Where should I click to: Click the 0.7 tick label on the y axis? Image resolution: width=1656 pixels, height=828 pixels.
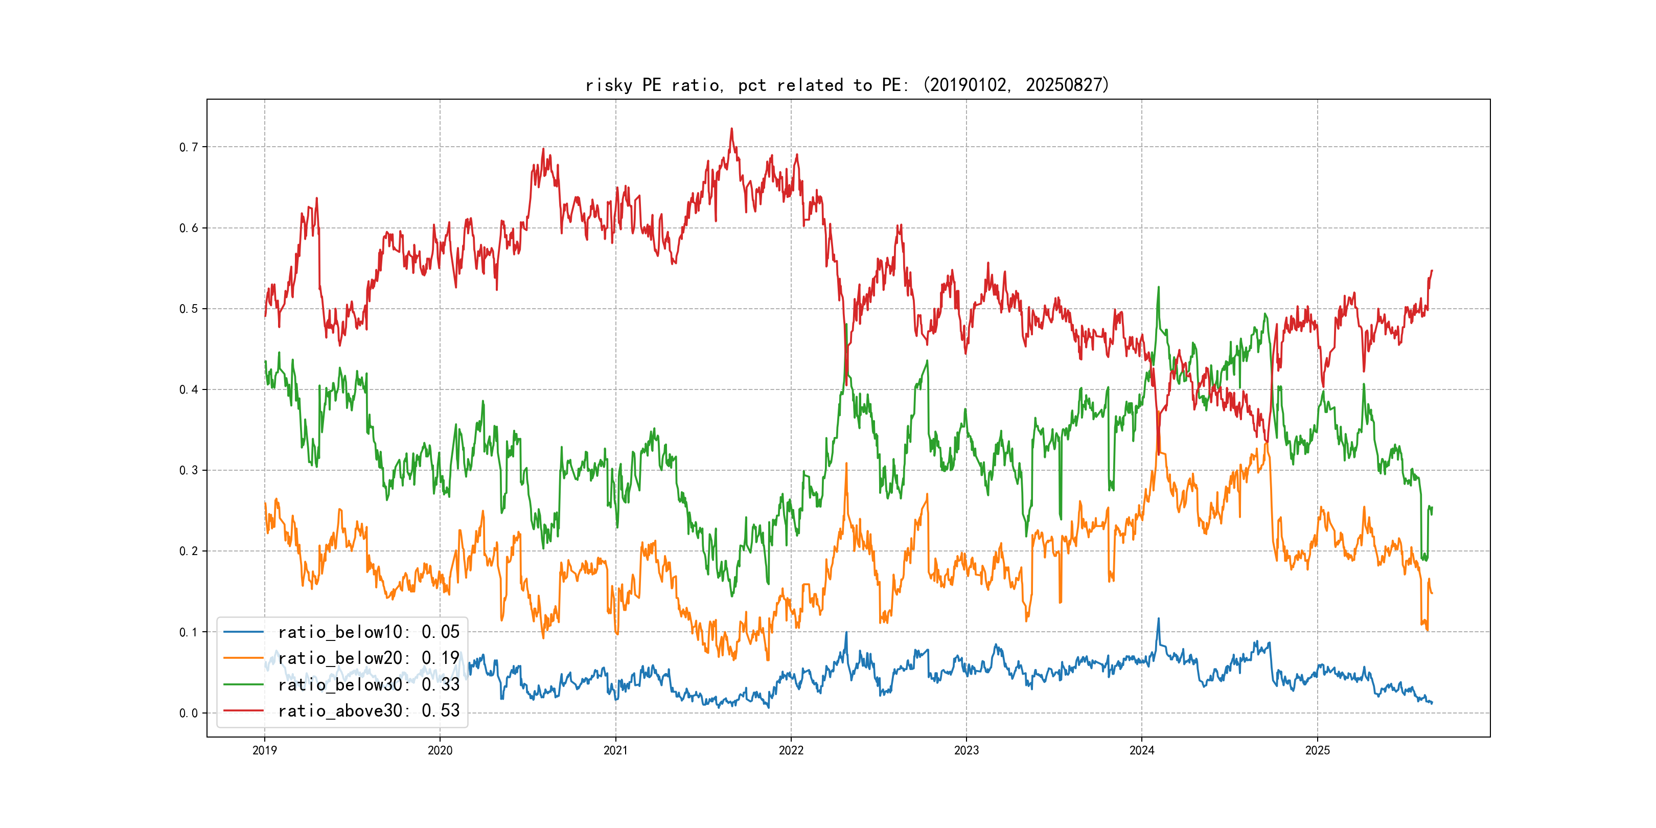pyautogui.click(x=189, y=147)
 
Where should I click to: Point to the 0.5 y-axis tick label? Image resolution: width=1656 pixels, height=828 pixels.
pyautogui.click(x=189, y=309)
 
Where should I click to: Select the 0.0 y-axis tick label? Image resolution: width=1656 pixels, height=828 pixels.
pyautogui.click(x=189, y=713)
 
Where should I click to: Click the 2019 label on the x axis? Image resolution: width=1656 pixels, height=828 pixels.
pyautogui.click(x=264, y=750)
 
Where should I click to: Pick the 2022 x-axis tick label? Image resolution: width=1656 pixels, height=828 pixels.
pyautogui.click(x=791, y=750)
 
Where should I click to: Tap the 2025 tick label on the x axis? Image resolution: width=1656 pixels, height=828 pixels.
pyautogui.click(x=1317, y=750)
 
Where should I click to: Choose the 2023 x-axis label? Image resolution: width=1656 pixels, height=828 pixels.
pyautogui.click(x=966, y=750)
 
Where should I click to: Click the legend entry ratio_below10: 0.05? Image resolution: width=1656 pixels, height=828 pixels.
pyautogui.click(x=369, y=632)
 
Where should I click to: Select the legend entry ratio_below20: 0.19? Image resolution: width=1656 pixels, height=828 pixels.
pyautogui.click(x=369, y=658)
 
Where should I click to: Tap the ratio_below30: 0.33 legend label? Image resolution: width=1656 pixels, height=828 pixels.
pyautogui.click(x=369, y=685)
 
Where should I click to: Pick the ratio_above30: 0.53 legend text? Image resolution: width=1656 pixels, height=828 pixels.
pyautogui.click(x=369, y=710)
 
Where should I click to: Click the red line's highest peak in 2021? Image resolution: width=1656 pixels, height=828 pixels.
pyautogui.click(x=731, y=129)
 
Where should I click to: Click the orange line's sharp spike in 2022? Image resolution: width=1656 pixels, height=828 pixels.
pyautogui.click(x=846, y=464)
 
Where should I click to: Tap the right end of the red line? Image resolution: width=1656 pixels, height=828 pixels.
pyautogui.click(x=1432, y=271)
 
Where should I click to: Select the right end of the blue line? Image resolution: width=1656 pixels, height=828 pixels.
pyautogui.click(x=1432, y=703)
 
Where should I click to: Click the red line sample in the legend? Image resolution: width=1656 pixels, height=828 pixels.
pyautogui.click(x=243, y=710)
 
